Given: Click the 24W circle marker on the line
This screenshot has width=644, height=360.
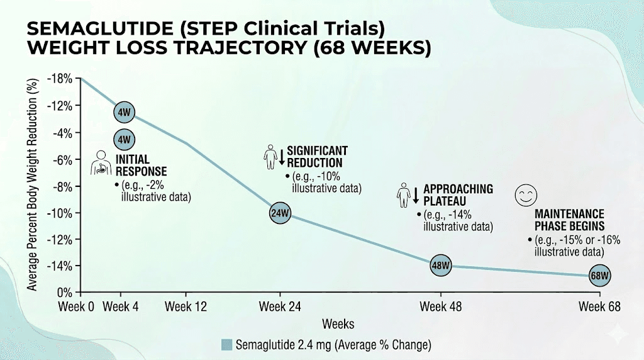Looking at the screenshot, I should [x=280, y=213].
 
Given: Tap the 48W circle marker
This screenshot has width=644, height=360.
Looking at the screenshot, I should [x=440, y=265].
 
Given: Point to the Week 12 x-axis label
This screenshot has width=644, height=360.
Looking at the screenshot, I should [x=185, y=307].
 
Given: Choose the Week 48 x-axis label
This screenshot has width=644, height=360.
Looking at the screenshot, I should [x=440, y=307].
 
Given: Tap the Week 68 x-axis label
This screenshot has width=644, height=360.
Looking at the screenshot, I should [x=599, y=307].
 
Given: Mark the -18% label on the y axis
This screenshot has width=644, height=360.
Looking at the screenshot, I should [x=62, y=79].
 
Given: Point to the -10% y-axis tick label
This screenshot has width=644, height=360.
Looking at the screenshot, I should [x=62, y=213].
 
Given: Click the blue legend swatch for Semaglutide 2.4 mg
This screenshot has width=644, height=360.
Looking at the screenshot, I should [x=227, y=344].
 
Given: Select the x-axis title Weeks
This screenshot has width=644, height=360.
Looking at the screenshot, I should [x=338, y=324].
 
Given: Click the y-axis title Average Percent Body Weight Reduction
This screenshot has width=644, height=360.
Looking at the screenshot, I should [x=31, y=186].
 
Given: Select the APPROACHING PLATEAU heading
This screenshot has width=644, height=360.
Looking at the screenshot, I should [x=458, y=194].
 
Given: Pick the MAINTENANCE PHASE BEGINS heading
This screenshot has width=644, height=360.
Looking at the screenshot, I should [x=569, y=220].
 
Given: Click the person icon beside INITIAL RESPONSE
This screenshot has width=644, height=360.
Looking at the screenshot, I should [x=101, y=162].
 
